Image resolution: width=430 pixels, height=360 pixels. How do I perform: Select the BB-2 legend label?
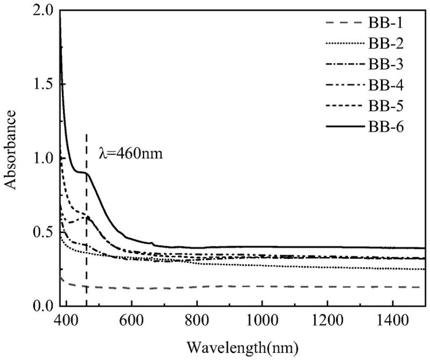[x=386, y=44]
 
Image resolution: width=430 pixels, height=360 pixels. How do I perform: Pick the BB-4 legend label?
[x=386, y=86]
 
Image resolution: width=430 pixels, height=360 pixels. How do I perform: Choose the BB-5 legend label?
[x=386, y=106]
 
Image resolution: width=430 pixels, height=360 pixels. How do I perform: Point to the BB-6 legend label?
[x=386, y=128]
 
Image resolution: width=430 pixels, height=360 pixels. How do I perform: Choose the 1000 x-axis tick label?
[x=262, y=321]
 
